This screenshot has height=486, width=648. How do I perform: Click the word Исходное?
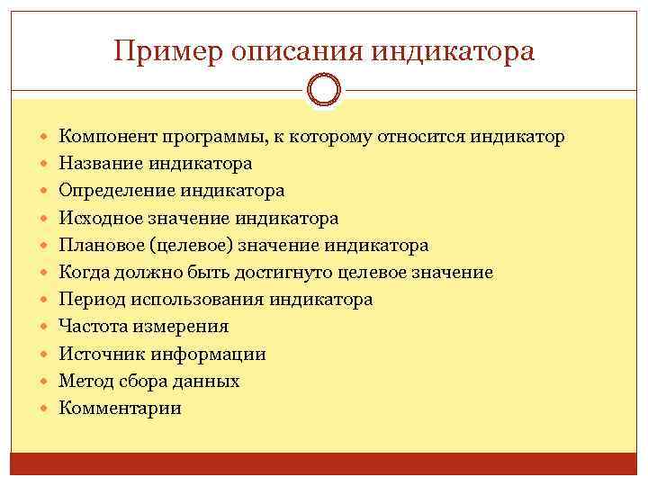[98, 219]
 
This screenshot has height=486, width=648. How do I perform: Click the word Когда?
[82, 273]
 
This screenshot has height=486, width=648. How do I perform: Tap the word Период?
[89, 300]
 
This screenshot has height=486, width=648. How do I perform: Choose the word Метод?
[84, 381]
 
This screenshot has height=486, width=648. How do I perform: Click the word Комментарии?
[120, 408]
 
